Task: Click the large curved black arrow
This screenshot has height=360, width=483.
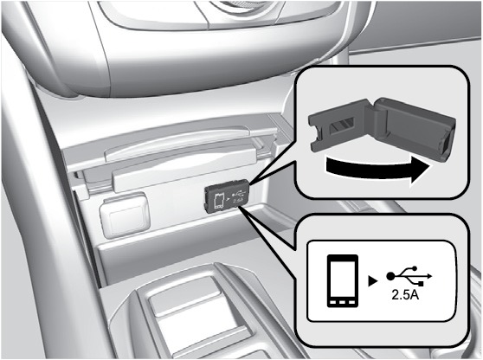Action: (376, 170)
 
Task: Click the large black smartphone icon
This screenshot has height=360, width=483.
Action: (343, 281)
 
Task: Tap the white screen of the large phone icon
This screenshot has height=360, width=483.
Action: (343, 278)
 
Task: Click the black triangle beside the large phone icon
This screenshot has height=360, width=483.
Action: (373, 281)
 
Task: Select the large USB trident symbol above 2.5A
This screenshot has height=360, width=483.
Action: (409, 275)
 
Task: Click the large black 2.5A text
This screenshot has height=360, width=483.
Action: (405, 295)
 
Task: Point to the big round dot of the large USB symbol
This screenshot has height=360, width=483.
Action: (390, 276)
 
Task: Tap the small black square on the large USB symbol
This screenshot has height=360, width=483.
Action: (422, 284)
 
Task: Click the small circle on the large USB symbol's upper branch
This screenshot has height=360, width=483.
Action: (414, 268)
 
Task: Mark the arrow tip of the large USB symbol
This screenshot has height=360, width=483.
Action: (432, 276)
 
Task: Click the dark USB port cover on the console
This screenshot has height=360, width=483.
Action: (227, 196)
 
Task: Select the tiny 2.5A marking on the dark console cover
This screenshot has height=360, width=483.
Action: (238, 201)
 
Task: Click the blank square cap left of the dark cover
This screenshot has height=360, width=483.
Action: (125, 215)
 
